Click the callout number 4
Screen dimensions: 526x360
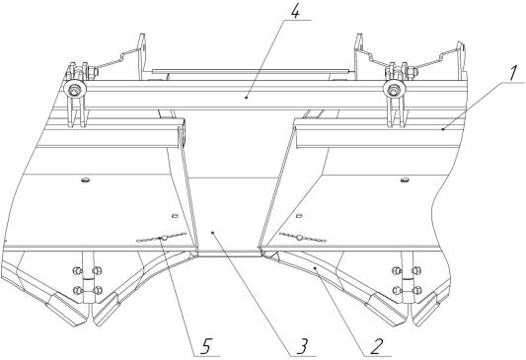295,13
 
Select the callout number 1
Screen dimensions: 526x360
512,74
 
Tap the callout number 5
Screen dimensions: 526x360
206,346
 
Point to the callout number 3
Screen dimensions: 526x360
303,346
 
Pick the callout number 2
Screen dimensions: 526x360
376,347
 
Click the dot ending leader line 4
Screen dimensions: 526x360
247,98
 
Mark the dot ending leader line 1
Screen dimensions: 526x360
443,129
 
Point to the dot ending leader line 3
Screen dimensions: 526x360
211,232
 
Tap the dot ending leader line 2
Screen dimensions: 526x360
315,268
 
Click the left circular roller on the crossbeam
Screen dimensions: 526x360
74,90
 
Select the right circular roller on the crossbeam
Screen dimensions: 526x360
394,90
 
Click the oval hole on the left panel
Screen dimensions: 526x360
85,180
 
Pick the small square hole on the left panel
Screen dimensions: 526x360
174,216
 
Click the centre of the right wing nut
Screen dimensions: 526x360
299,238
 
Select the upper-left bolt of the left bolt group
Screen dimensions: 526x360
78,270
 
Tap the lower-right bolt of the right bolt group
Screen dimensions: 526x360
416,290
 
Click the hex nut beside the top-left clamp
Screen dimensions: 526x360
93,71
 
